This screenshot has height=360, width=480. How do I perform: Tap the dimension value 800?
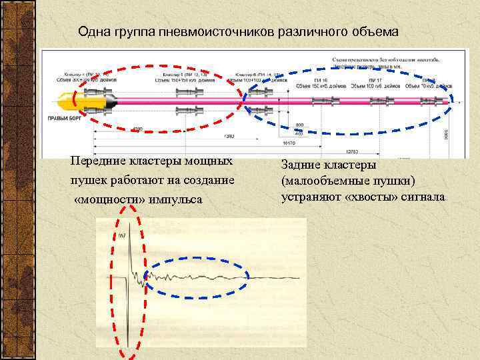coord(299,125)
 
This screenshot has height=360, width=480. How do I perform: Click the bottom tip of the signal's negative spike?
coord(128,345)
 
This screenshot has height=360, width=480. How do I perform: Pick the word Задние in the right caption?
coord(302,164)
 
